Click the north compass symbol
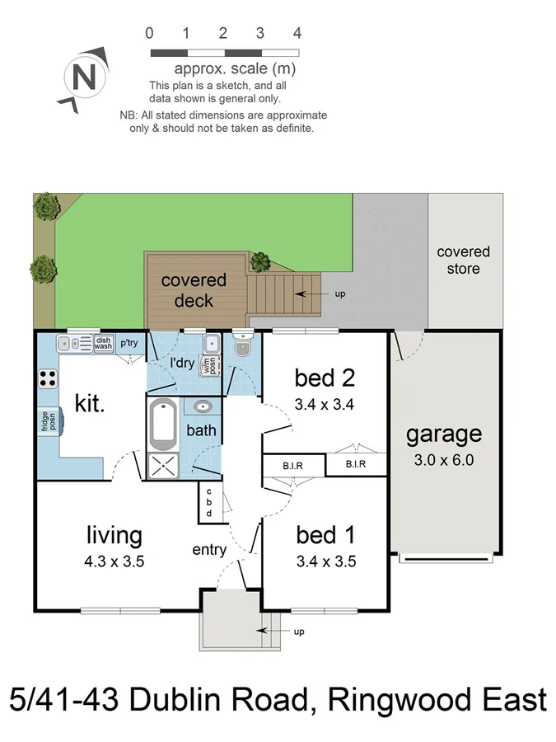coord(82,80)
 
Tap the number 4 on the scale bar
coord(297,34)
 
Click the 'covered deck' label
coord(194,290)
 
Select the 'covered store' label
coord(463,261)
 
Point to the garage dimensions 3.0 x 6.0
coord(444,461)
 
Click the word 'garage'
coord(444,434)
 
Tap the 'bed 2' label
coord(325,378)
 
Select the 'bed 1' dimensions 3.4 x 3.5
coord(325,563)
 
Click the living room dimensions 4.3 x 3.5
coord(114,563)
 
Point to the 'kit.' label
coord(90,403)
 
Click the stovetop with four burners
coord(48,379)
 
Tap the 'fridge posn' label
coord(45,421)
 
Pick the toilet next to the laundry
coord(241,350)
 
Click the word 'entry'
coord(209,550)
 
